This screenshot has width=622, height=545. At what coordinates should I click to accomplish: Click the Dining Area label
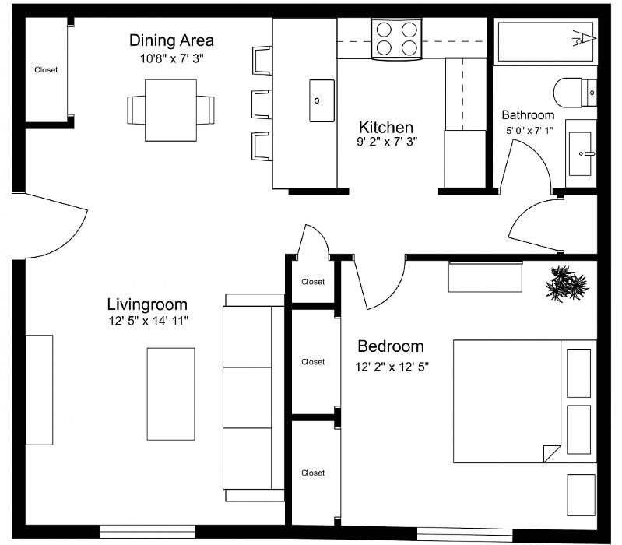click(171, 40)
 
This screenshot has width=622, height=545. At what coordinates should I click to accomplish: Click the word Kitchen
click(385, 127)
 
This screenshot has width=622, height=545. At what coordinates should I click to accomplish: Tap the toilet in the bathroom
click(574, 93)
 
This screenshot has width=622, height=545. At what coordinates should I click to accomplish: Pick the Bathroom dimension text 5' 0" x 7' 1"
click(529, 131)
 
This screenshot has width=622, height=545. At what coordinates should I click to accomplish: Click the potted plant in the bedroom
click(566, 283)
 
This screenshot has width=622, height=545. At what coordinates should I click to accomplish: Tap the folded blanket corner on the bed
click(550, 453)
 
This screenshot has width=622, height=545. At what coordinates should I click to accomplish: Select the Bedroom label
click(390, 346)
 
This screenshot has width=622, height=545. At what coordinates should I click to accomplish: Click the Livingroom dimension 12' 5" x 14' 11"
click(149, 320)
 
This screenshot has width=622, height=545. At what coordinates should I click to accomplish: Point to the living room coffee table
click(170, 393)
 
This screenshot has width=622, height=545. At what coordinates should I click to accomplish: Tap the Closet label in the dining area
click(46, 70)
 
